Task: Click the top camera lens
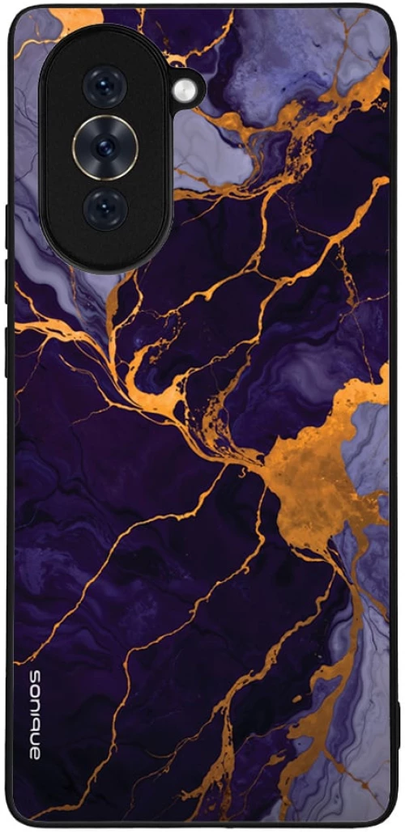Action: [x=105, y=87]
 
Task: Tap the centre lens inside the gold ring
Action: [x=105, y=147]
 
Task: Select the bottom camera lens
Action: [x=105, y=208]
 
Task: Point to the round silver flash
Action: [x=185, y=89]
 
